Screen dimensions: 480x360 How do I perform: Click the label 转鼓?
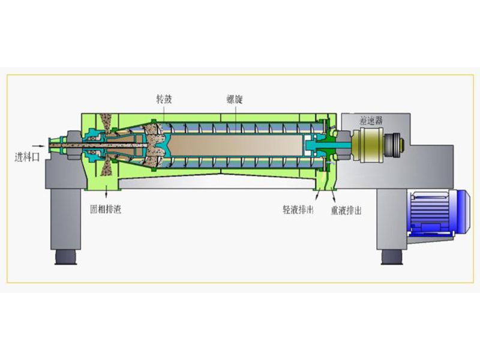(x=164, y=99)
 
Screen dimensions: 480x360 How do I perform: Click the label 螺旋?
(x=235, y=99)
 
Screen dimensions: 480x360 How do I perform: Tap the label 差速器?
(x=371, y=121)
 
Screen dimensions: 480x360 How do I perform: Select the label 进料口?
(x=27, y=157)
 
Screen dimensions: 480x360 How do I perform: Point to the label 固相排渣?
(x=106, y=209)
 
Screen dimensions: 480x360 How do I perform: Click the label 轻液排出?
(x=298, y=209)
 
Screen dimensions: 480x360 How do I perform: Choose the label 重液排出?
(x=346, y=211)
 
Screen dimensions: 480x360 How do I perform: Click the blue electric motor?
(x=439, y=212)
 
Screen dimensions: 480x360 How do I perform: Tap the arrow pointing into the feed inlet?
(x=38, y=146)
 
